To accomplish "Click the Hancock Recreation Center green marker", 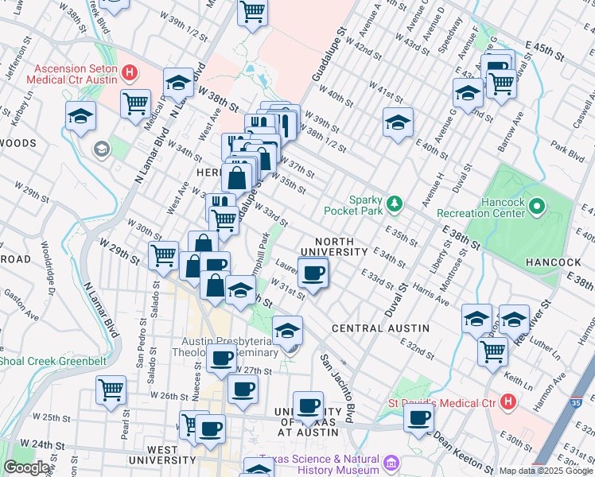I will point(537,208).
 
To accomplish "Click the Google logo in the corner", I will point(26,467).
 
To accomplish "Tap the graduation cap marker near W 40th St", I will point(398,122).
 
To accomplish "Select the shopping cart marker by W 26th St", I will point(111,390).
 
